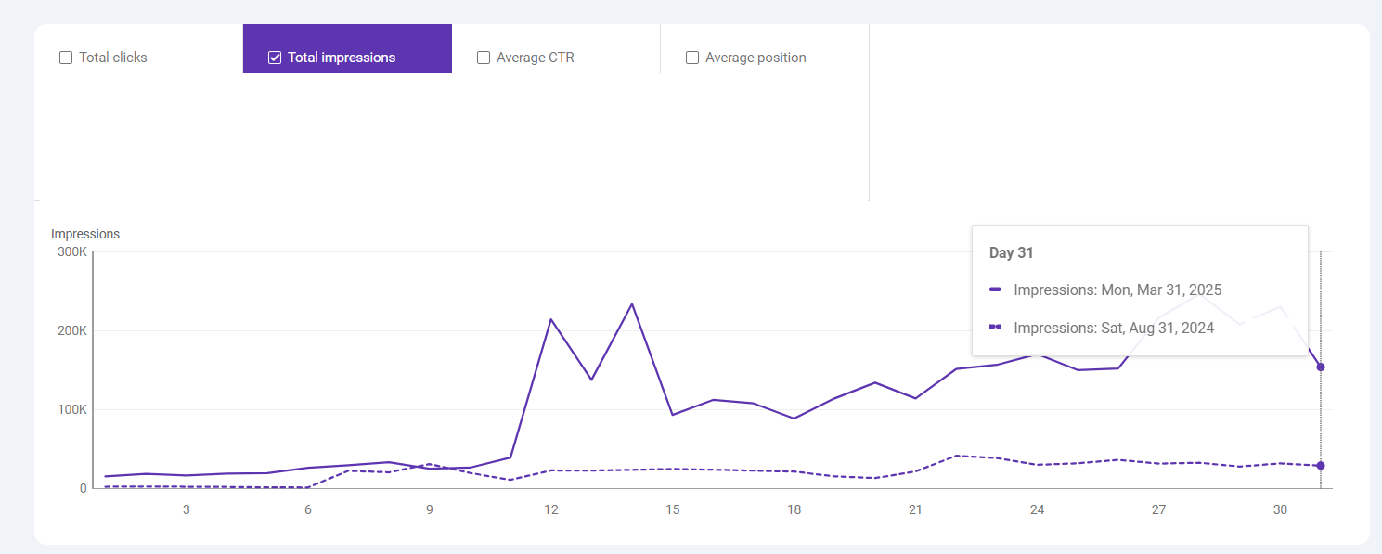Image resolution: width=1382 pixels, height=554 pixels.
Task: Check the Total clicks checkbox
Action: pyautogui.click(x=66, y=58)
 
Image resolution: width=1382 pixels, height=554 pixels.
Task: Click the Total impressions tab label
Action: pyautogui.click(x=341, y=58)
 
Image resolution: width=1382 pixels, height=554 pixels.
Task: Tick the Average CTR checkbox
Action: pyautogui.click(x=484, y=58)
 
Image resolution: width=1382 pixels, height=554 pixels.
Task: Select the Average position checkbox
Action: pyautogui.click(x=692, y=58)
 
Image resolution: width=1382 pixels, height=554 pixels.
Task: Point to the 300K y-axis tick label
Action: pyautogui.click(x=71, y=252)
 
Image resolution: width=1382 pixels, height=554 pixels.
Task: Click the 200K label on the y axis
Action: pyautogui.click(x=71, y=331)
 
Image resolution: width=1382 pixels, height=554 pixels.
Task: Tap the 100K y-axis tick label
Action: pyautogui.click(x=71, y=410)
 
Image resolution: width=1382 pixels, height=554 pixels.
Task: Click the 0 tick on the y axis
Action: pyautogui.click(x=83, y=488)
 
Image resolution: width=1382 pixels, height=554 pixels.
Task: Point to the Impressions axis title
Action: pyautogui.click(x=85, y=234)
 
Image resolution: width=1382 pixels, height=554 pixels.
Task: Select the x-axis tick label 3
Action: pyautogui.click(x=187, y=509)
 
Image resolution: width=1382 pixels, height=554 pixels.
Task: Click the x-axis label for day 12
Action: pyautogui.click(x=551, y=509)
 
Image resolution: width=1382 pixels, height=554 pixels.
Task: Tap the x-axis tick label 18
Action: pyautogui.click(x=794, y=509)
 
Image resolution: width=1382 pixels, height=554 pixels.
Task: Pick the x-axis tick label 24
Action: pyautogui.click(x=1038, y=509)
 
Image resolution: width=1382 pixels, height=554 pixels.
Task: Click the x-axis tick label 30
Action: pyautogui.click(x=1281, y=509)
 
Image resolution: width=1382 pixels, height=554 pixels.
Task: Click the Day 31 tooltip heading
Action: pyautogui.click(x=1012, y=252)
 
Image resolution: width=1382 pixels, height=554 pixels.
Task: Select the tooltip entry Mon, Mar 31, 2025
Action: pyautogui.click(x=1117, y=290)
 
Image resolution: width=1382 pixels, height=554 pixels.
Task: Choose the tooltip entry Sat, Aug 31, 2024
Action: pyautogui.click(x=1114, y=328)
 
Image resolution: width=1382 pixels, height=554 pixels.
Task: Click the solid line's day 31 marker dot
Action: pyautogui.click(x=1321, y=367)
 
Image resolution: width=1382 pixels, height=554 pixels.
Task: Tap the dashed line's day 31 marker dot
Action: pyautogui.click(x=1321, y=466)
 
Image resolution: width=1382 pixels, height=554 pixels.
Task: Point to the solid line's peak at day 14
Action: pyautogui.click(x=632, y=303)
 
